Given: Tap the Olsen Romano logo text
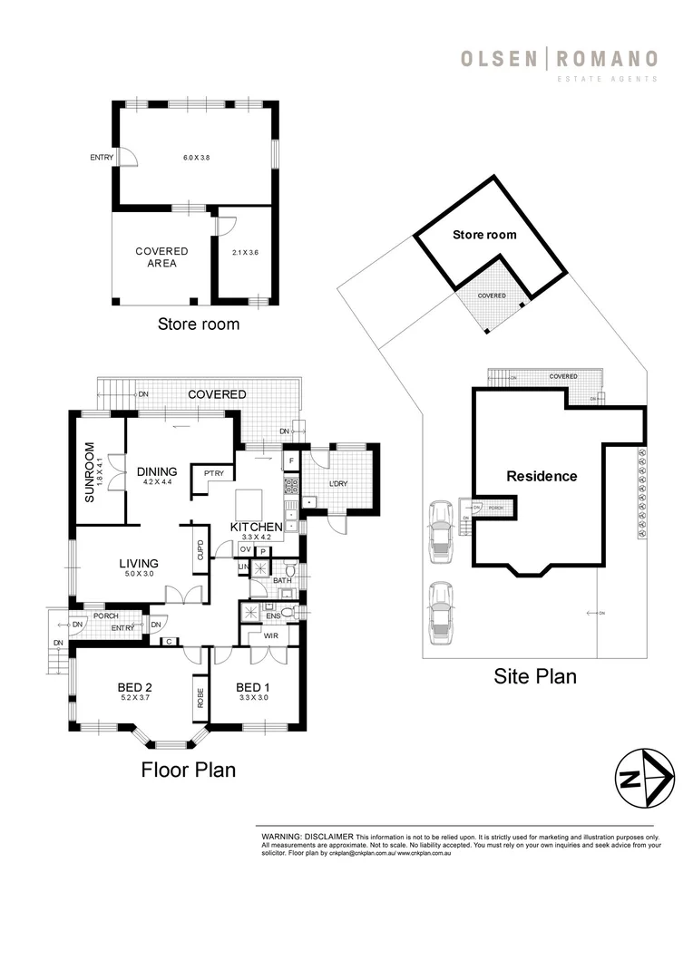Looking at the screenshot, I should [x=559, y=61].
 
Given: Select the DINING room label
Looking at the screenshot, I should [x=157, y=471].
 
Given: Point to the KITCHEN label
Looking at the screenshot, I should [x=257, y=528].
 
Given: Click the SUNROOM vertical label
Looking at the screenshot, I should [x=90, y=471].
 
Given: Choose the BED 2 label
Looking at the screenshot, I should [x=133, y=686].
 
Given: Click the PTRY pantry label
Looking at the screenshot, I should [x=214, y=472].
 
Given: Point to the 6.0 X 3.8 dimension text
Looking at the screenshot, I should [x=196, y=158].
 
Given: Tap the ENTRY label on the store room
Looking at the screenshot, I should [x=102, y=158].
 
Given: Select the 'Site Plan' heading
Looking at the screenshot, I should [x=534, y=675].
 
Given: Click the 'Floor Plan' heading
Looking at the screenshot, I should [x=188, y=770].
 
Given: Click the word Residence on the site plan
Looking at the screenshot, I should [x=542, y=476].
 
